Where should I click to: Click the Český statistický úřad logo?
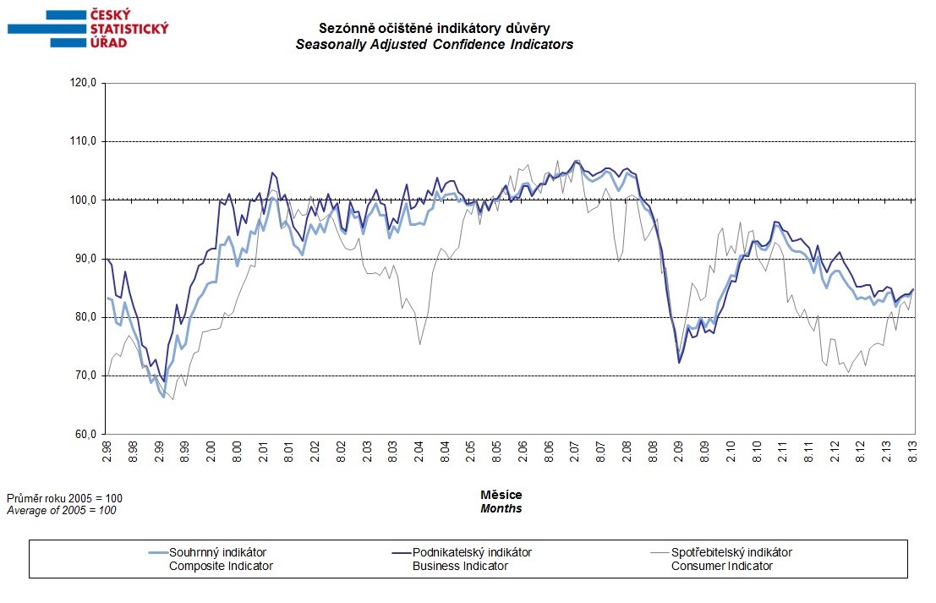coord(88,27)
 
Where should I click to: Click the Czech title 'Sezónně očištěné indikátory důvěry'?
coord(434,29)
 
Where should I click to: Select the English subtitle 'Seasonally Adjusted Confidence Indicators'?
coord(434,44)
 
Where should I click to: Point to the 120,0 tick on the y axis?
coord(85,83)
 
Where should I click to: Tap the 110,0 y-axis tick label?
coord(85,141)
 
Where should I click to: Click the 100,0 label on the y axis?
coord(85,200)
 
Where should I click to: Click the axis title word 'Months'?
coord(501,509)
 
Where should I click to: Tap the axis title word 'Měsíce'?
coord(501,495)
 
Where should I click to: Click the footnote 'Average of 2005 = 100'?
coord(61,511)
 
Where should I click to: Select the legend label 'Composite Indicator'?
coord(222,566)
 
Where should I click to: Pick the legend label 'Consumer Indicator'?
coord(721,566)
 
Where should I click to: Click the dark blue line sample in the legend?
coord(392,553)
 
